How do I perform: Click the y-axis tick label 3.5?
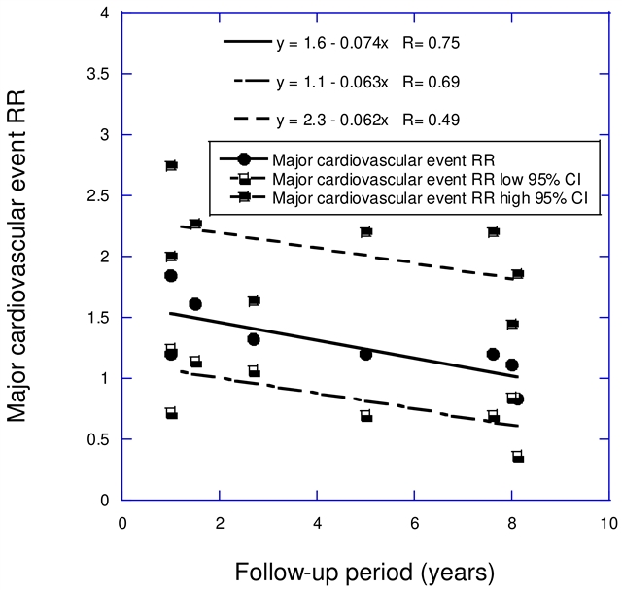97,74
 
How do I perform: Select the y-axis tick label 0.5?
97,439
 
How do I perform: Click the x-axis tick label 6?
414,522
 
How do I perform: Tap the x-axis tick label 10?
608,522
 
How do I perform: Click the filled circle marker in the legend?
245,160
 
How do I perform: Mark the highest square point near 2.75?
171,166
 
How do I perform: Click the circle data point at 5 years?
365,354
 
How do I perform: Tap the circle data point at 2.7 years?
254,339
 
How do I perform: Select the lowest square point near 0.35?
518,457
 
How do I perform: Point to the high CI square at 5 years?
366,232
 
